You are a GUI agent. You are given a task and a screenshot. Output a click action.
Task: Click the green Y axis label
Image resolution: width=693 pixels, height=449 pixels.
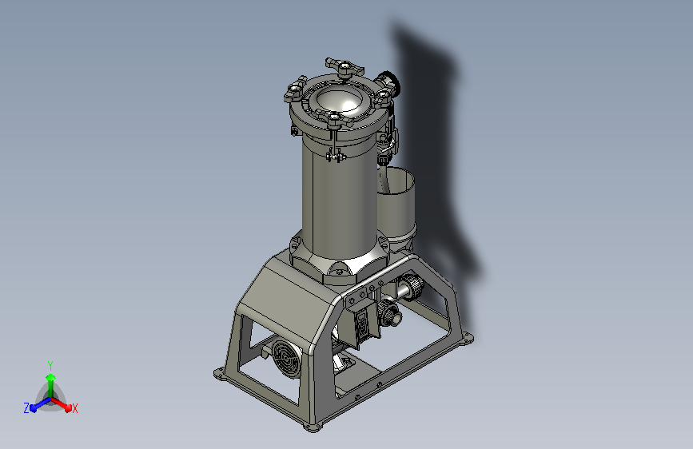(x=50, y=365)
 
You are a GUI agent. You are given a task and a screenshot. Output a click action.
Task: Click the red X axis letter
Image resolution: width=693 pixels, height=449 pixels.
(x=74, y=408)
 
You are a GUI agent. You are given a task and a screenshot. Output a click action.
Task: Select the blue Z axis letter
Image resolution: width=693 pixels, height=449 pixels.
(x=26, y=408)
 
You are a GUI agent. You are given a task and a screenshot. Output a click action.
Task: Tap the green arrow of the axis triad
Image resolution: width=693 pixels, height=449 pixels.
(x=51, y=385)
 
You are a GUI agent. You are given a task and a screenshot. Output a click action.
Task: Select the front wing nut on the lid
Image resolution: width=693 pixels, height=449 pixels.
(x=333, y=118)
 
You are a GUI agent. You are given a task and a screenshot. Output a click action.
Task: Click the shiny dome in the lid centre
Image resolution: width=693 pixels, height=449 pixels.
(x=340, y=99)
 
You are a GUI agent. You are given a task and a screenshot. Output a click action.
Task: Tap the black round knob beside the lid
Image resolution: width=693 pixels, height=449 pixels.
(x=390, y=81)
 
